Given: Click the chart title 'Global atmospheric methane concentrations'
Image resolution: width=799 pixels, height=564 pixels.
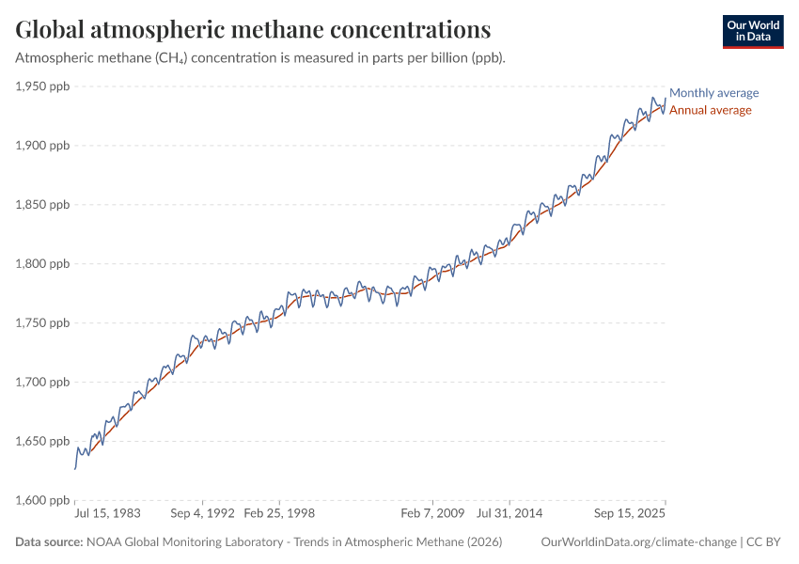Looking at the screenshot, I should (253, 30).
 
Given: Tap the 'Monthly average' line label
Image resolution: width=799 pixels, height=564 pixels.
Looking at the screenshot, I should (713, 93).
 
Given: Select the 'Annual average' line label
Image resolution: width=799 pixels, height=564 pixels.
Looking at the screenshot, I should (710, 110).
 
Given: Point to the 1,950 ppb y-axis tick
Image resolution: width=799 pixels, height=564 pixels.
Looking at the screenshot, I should (43, 86).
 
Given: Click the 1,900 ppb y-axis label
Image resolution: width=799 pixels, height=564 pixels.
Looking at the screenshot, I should (43, 146).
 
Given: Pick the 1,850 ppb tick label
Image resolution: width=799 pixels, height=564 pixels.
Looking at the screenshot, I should (43, 205).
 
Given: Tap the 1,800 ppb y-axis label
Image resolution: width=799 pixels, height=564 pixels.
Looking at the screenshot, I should (43, 264).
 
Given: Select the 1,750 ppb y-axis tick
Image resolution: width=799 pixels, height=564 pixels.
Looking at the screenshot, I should (43, 323).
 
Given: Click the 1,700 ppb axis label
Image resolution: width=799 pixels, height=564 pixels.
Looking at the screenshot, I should (43, 383).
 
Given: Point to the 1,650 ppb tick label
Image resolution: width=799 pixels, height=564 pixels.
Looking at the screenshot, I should (43, 442).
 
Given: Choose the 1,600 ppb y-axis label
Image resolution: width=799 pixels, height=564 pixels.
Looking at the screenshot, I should (43, 500).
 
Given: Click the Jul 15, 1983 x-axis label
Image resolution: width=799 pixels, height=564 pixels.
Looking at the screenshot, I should (107, 514).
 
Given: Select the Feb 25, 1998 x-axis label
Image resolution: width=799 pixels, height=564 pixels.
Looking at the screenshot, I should (279, 514).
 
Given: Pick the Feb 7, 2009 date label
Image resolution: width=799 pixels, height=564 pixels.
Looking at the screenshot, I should (432, 514).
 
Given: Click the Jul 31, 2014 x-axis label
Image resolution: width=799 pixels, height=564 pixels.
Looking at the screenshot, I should (509, 514).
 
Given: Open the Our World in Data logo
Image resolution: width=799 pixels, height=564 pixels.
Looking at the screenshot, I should (752, 31).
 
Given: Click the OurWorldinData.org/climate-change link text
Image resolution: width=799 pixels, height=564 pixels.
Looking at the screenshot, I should (639, 542).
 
